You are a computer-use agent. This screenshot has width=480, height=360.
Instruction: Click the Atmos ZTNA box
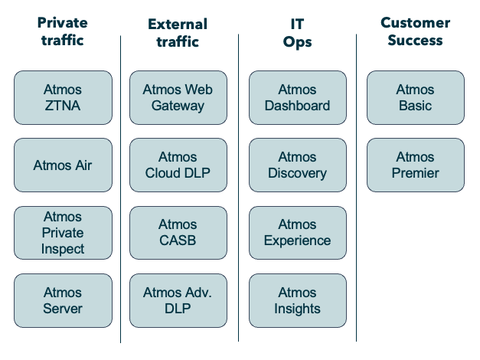[63, 98]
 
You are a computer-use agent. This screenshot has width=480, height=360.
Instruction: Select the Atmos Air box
[63, 165]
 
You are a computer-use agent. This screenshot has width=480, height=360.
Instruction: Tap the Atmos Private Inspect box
[63, 233]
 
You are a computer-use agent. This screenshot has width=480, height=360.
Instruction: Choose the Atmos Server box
[63, 300]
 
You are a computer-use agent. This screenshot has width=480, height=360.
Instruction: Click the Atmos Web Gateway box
[178, 98]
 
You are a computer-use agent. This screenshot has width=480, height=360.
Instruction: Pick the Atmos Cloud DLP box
[178, 165]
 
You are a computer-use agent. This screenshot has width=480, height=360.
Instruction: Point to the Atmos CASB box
[178, 233]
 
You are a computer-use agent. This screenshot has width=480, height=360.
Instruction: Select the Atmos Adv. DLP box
[178, 300]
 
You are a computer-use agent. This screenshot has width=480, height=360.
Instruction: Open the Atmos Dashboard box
[297, 98]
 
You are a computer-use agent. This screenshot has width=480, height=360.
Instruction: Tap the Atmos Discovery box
[297, 165]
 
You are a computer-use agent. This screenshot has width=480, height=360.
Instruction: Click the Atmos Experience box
[297, 233]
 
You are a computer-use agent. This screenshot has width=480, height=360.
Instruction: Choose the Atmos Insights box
[297, 300]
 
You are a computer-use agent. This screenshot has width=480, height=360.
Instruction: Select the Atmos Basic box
[415, 98]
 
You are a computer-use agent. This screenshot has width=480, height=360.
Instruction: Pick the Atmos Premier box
[415, 165]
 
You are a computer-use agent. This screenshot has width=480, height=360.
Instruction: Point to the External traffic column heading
[178, 33]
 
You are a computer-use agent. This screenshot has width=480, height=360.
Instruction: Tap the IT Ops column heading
[297, 33]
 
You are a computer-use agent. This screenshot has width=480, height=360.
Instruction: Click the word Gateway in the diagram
[178, 106]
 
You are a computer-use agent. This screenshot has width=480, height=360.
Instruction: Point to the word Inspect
[63, 249]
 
